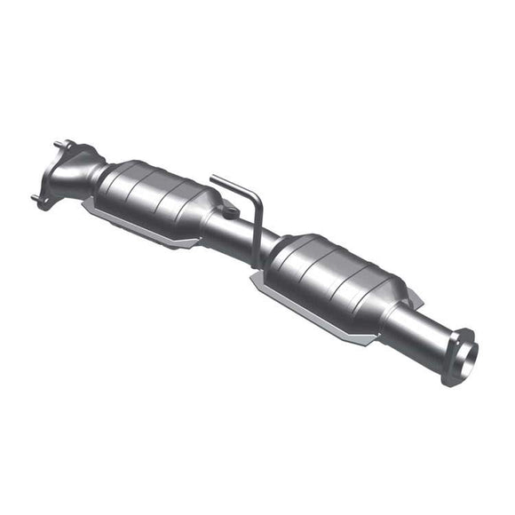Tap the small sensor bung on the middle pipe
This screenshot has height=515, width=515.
click(x=229, y=211)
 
